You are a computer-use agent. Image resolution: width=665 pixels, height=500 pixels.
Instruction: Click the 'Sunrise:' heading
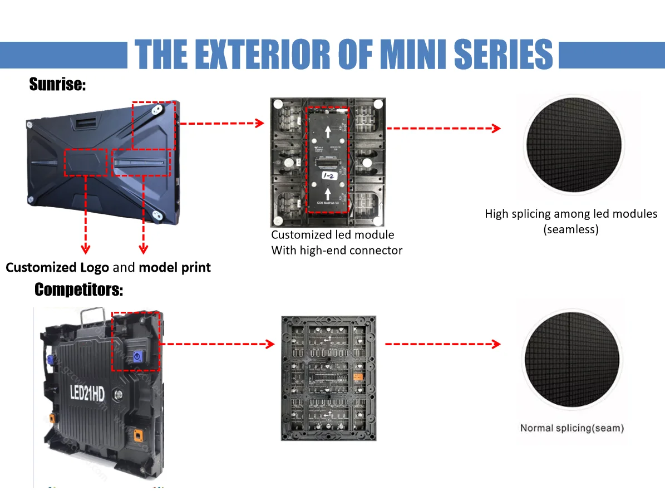pyautogui.click(x=57, y=85)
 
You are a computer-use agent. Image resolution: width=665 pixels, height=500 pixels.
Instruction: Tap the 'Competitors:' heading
pyautogui.click(x=78, y=290)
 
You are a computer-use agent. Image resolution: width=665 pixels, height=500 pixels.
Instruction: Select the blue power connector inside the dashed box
pyautogui.click(x=137, y=356)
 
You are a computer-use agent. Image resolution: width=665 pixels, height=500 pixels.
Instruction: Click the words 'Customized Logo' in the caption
pyautogui.click(x=57, y=267)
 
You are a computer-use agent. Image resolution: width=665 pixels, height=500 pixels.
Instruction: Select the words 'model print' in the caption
pyautogui.click(x=175, y=267)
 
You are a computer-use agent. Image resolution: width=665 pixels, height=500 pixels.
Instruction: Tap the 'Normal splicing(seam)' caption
pyautogui.click(x=572, y=428)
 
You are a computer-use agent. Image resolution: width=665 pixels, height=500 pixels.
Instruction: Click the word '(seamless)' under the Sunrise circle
pyautogui.click(x=571, y=229)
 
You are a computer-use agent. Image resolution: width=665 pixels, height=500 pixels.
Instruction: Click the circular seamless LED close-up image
pyautogui.click(x=573, y=143)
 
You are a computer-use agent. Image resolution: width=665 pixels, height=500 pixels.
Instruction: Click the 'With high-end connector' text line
pyautogui.click(x=337, y=251)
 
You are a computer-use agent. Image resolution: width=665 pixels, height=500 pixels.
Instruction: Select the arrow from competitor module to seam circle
pyautogui.click(x=442, y=344)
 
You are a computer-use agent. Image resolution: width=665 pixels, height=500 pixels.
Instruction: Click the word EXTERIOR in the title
pyautogui.click(x=253, y=54)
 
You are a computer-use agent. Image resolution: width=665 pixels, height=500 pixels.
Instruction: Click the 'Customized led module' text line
pyautogui.click(x=332, y=235)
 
